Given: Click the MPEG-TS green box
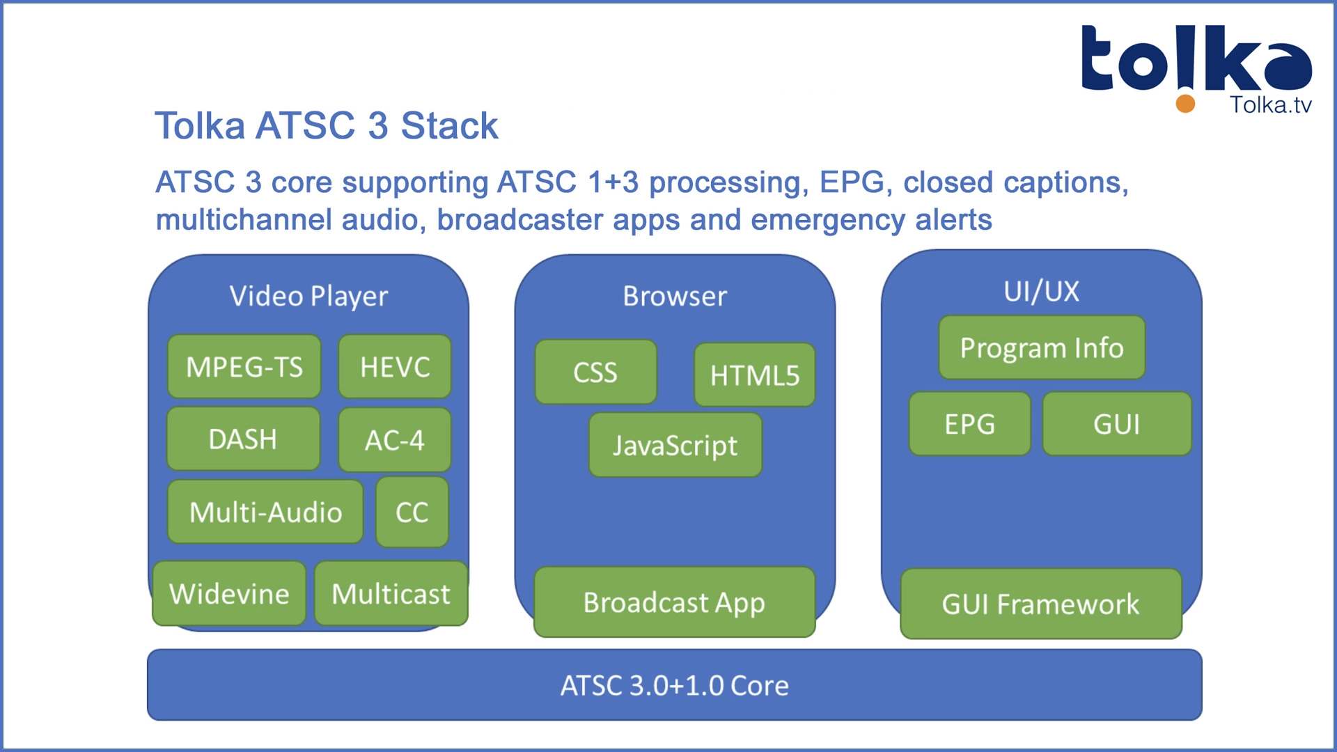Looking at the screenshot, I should pyautogui.click(x=244, y=367).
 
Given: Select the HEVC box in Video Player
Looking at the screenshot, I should pyautogui.click(x=395, y=367).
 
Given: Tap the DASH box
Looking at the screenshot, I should pyautogui.click(x=244, y=439).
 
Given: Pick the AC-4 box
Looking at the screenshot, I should pyautogui.click(x=395, y=440).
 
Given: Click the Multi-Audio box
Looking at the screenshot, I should pyautogui.click(x=265, y=512).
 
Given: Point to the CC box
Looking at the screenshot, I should pyautogui.click(x=412, y=512).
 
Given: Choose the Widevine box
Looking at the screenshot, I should pyautogui.click(x=229, y=594).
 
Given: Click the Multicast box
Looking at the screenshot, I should pyautogui.click(x=391, y=594).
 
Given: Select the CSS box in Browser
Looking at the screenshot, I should pyautogui.click(x=595, y=373).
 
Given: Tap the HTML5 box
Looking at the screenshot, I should pyautogui.click(x=755, y=375).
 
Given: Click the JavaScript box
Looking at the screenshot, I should pyautogui.click(x=675, y=446).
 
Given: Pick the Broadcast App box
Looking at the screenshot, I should pyautogui.click(x=674, y=602).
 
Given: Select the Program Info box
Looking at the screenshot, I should pyautogui.click(x=1042, y=347).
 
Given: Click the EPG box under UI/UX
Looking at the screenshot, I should pyautogui.click(x=969, y=424).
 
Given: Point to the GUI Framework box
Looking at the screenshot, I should pyautogui.click(x=1041, y=604).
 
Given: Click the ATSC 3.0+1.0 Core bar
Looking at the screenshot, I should pyautogui.click(x=674, y=685).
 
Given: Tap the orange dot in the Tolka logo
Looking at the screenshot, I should pyautogui.click(x=1185, y=104).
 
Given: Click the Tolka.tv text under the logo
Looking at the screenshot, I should pyautogui.click(x=1271, y=105).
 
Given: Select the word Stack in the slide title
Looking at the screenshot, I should pyautogui.click(x=449, y=126).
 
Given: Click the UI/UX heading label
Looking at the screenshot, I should pyautogui.click(x=1041, y=291).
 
